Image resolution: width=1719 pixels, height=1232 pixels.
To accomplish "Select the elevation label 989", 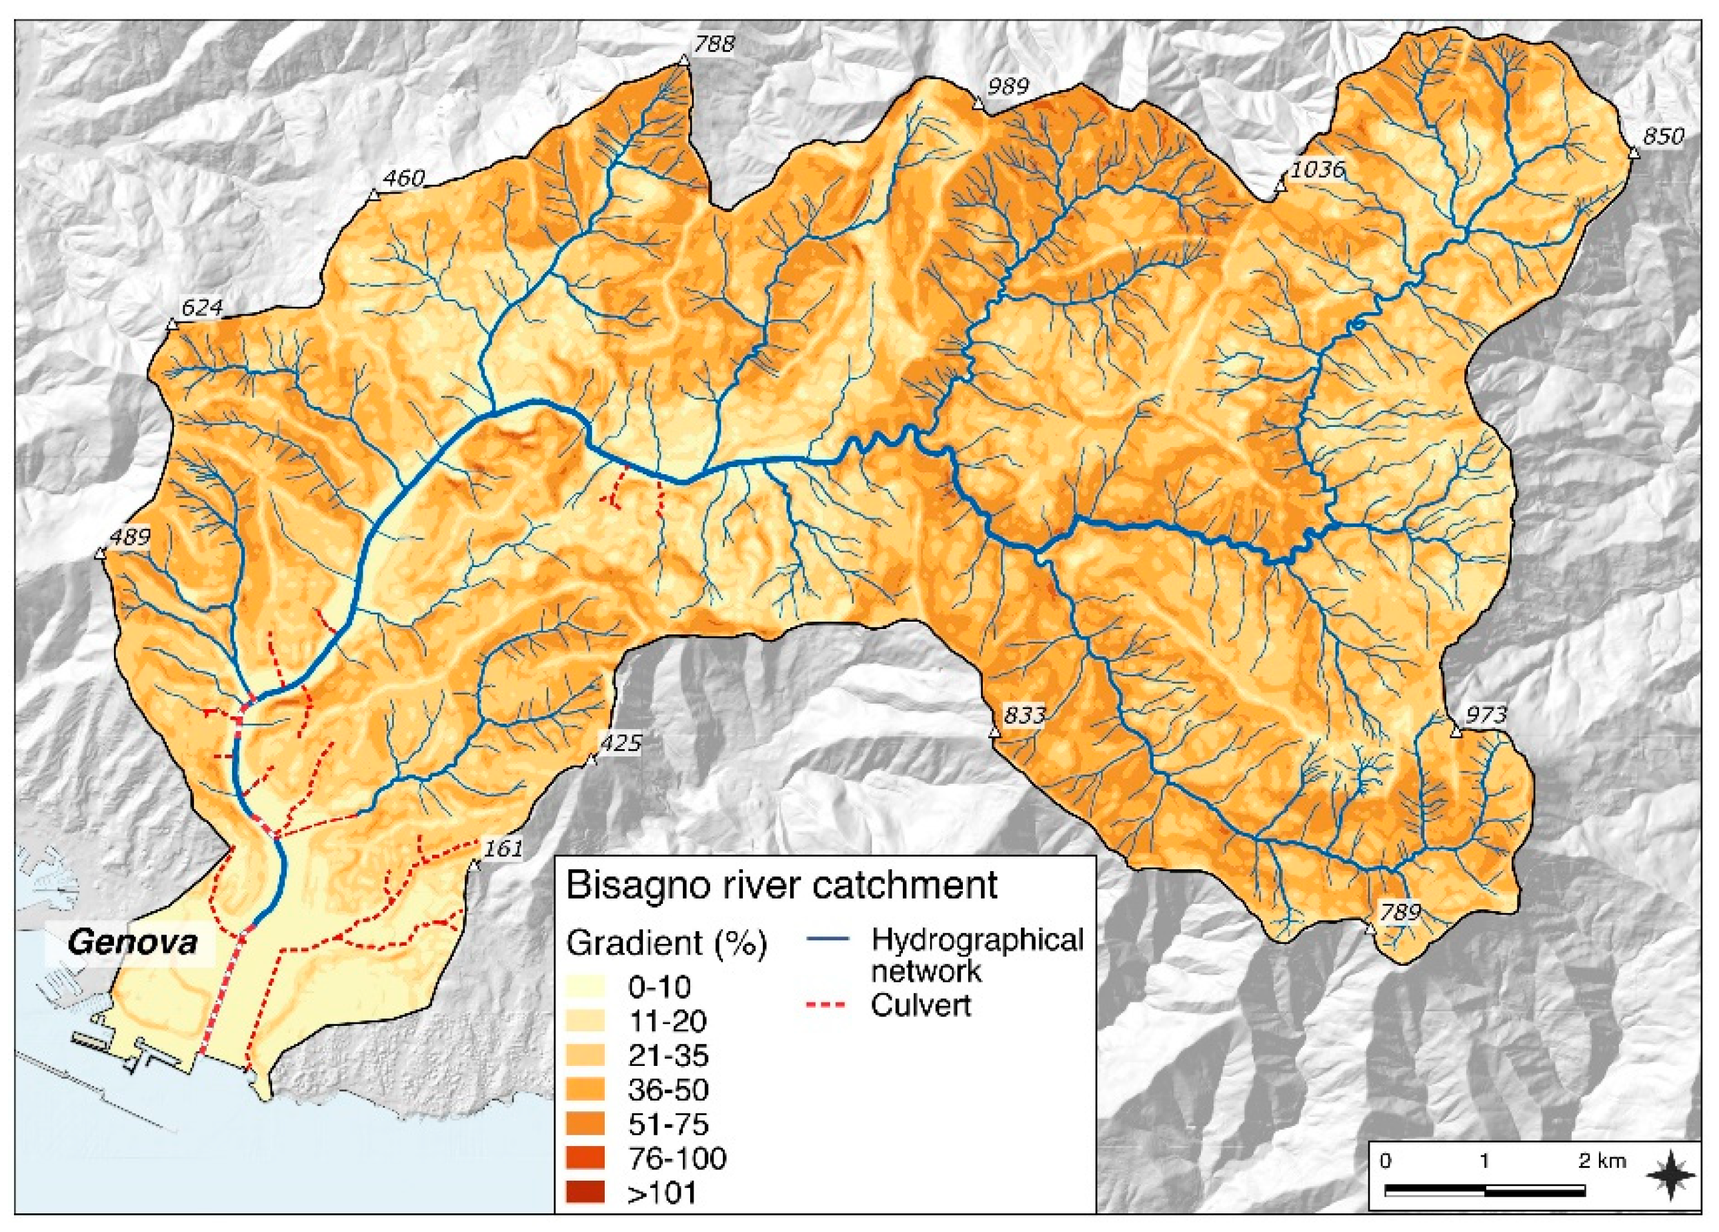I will coord(1008,87).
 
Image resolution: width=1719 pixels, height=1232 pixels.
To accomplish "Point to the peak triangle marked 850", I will coord(1634,154).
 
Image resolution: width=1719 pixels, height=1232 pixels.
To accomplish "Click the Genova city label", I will coord(133,943).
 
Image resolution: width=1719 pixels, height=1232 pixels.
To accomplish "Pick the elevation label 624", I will coord(201,307).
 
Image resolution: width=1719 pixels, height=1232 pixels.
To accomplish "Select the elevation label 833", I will coord(1024,714).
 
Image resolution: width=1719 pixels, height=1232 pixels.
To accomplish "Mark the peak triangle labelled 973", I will coord(1454,732).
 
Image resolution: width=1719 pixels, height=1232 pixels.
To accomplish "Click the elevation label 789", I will coord(1399,912).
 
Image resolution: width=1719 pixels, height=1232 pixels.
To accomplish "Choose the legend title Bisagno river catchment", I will coord(781,884).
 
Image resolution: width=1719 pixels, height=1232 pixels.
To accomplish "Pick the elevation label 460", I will coord(404,179).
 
